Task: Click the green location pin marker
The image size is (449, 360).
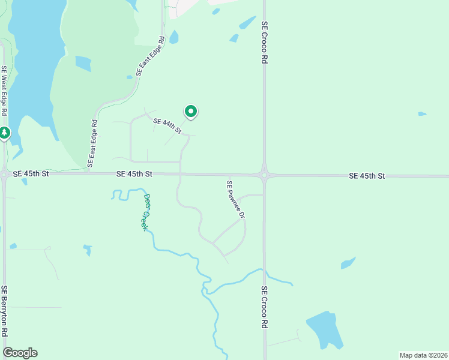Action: point(191,112)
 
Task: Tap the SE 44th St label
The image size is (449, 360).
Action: point(167,125)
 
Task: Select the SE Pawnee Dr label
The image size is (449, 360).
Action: point(236,199)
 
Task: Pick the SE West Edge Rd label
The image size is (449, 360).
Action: point(4,91)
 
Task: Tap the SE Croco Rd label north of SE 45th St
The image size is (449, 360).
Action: point(264,43)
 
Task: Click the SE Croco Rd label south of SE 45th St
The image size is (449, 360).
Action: point(264,307)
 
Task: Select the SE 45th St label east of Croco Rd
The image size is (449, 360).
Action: point(366,176)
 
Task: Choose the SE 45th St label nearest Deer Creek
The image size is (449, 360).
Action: point(135,174)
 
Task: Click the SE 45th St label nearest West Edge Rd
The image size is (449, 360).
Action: point(30,173)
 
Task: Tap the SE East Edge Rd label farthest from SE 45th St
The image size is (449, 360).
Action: point(150,56)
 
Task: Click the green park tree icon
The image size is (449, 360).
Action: point(4,132)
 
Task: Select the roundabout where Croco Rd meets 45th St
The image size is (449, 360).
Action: point(264,175)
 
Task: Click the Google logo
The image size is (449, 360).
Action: point(20,352)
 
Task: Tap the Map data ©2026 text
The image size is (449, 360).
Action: point(423,355)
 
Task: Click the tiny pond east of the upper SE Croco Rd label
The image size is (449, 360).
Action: point(422,113)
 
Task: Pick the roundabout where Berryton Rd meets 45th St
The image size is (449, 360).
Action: point(4,175)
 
